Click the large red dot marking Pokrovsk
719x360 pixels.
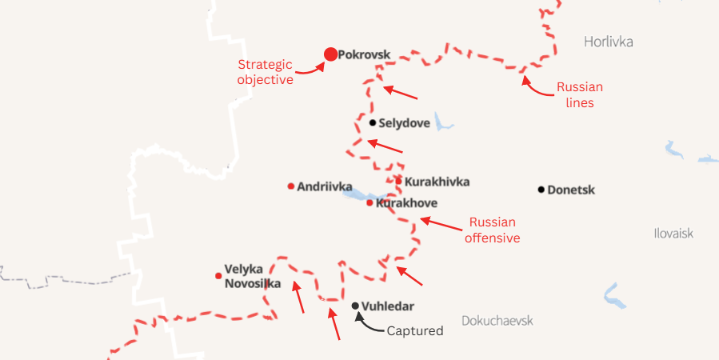click(x=330, y=54)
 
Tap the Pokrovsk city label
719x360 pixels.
click(x=364, y=55)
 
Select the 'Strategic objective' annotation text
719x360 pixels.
click(x=266, y=71)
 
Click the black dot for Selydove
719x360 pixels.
click(x=373, y=122)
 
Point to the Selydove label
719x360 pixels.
click(x=405, y=123)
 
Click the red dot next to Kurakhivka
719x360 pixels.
click(x=398, y=181)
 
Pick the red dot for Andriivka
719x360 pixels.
click(x=290, y=186)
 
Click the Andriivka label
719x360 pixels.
click(x=325, y=186)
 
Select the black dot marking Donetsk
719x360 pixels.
click(x=541, y=190)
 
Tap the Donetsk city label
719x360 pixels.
click(x=571, y=190)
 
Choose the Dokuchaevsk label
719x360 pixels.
click(x=497, y=321)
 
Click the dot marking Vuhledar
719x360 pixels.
click(x=355, y=306)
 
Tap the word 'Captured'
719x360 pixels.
click(x=414, y=330)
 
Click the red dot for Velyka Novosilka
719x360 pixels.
click(x=218, y=276)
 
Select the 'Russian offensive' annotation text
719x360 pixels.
click(x=493, y=230)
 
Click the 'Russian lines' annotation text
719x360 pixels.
click(x=580, y=94)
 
